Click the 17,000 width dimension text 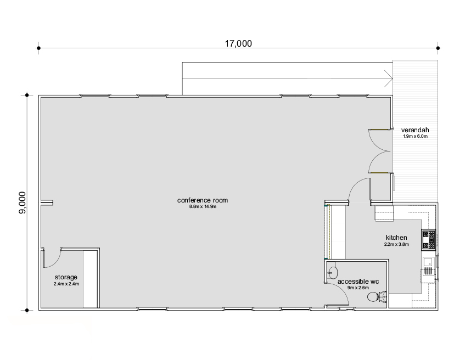238,43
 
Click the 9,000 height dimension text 23,203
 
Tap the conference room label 203,200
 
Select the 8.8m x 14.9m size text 203,207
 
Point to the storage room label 66,277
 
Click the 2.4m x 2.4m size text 66,284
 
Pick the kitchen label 396,238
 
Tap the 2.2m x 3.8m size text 396,244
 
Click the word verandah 415,130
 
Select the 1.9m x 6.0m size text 415,137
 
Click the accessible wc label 358,282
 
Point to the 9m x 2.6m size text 358,288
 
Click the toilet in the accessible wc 377,296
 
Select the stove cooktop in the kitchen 429,240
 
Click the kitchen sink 428,262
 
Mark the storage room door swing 53,258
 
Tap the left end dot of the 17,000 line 38,48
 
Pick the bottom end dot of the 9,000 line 27,311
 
